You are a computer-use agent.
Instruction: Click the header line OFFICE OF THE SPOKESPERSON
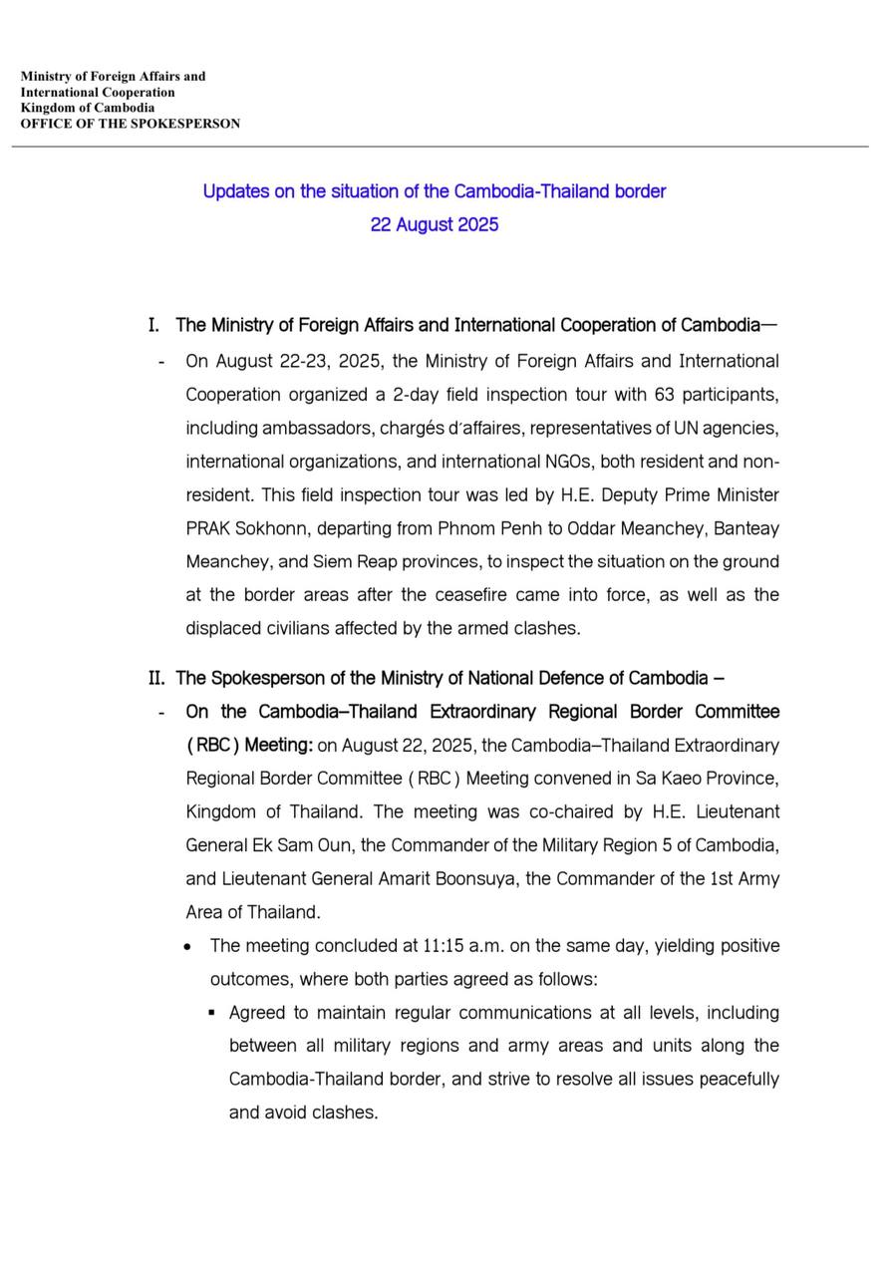pos(130,125)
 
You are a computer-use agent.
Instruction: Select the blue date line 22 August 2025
pos(434,224)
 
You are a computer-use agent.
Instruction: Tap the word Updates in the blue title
pos(235,191)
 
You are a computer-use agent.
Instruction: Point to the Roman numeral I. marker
pos(153,326)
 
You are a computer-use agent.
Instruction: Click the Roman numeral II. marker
pos(156,679)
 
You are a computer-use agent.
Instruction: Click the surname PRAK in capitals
pos(208,528)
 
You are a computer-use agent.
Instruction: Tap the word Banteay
pos(743,528)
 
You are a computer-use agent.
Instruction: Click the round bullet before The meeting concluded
pos(189,946)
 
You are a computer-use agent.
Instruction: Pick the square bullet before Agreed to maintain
pos(212,1013)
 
